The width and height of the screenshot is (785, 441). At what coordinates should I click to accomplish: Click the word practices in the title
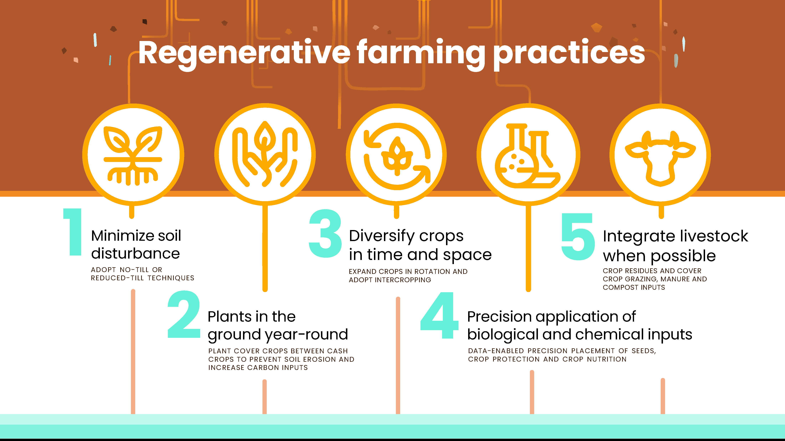568,53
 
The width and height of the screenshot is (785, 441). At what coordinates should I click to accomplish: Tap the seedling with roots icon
133,155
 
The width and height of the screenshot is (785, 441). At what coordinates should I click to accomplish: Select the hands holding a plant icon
265,155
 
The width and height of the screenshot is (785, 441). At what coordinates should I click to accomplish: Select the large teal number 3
325,233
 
